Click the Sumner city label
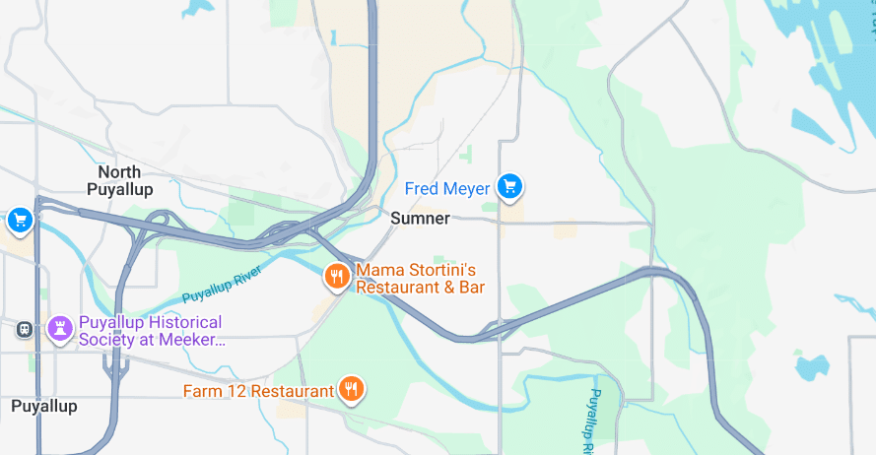(420, 219)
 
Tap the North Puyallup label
(119, 180)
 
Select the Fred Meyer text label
(447, 188)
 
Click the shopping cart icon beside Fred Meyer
(508, 186)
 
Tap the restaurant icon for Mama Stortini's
(337, 277)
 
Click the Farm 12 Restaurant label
(258, 391)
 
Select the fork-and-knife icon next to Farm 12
(351, 390)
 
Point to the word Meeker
(196, 341)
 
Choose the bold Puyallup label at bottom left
(43, 406)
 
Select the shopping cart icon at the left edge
(19, 221)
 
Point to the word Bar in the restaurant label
(468, 288)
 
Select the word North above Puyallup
(119, 172)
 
